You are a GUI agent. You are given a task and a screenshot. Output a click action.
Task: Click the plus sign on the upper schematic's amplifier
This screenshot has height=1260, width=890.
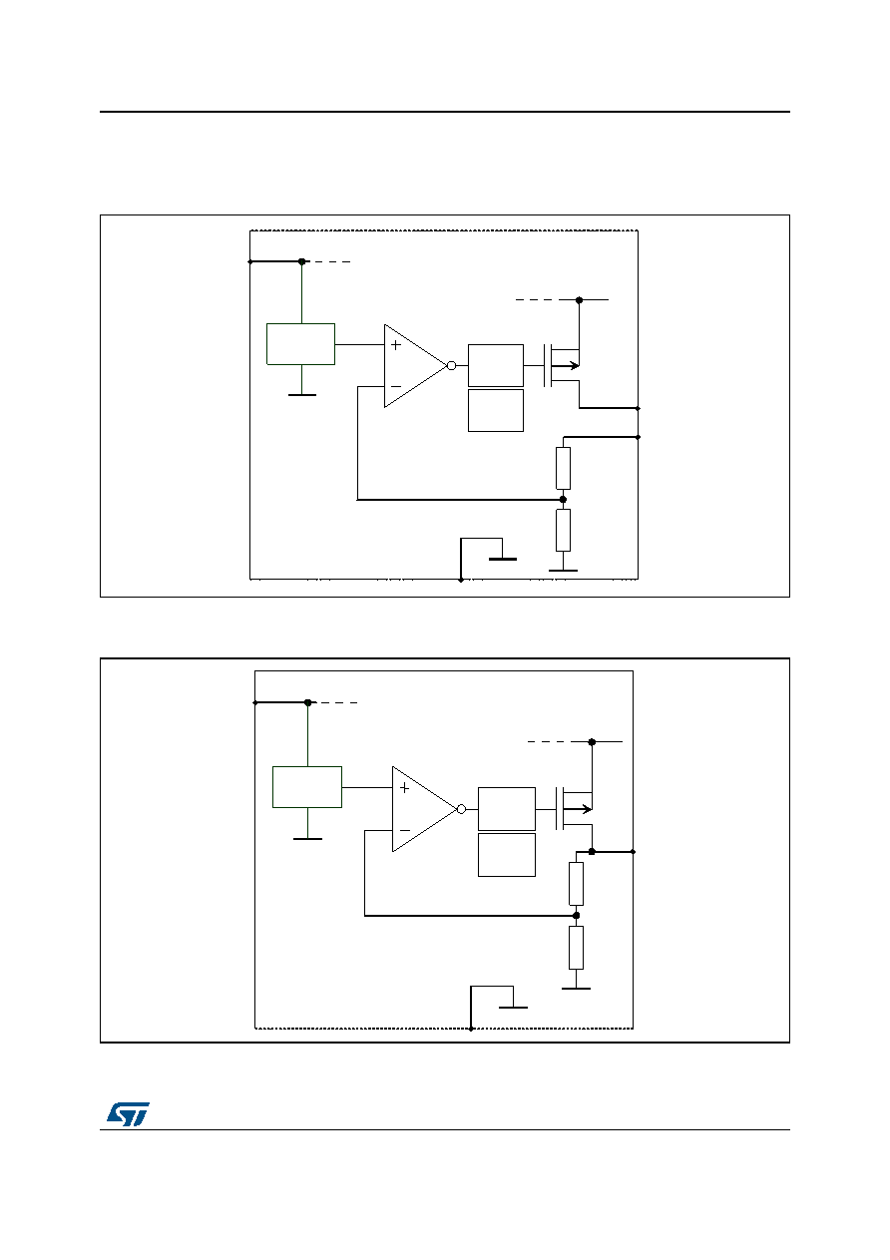tap(396, 345)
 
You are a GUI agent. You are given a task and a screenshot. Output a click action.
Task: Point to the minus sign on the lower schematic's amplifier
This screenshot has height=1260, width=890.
tap(404, 831)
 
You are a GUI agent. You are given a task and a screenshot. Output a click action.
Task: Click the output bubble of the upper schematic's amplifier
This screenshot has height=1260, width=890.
tap(451, 365)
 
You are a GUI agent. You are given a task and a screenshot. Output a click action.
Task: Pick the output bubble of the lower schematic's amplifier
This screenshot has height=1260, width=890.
tap(461, 809)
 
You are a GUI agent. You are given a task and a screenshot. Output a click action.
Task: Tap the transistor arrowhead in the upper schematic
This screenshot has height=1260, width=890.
tap(574, 365)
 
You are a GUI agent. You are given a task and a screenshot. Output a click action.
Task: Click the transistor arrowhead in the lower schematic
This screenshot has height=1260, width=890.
tap(587, 809)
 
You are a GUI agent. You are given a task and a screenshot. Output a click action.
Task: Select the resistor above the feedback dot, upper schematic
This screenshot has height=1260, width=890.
tap(563, 468)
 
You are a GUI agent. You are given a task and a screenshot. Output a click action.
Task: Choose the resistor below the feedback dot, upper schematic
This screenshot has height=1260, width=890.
tap(563, 530)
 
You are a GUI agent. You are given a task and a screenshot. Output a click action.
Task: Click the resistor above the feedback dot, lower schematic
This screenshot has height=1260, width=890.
tap(576, 884)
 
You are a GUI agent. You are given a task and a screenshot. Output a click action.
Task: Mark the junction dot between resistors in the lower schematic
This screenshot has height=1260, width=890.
tap(576, 915)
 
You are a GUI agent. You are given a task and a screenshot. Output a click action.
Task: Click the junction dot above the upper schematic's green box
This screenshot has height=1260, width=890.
tap(302, 261)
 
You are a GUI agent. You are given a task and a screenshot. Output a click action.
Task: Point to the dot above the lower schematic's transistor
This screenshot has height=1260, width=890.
tap(592, 742)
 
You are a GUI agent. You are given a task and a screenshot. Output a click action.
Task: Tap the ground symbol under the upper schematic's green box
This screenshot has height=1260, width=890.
tap(302, 395)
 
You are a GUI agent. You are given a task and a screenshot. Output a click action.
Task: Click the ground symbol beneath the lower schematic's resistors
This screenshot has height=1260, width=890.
tap(576, 989)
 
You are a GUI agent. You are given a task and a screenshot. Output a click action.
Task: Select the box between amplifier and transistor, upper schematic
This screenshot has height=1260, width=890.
tap(496, 365)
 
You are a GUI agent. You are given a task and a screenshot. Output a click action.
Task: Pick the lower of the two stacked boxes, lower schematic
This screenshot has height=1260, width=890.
tap(507, 854)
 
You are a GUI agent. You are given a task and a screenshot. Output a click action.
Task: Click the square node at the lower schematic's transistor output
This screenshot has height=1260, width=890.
tap(592, 852)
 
